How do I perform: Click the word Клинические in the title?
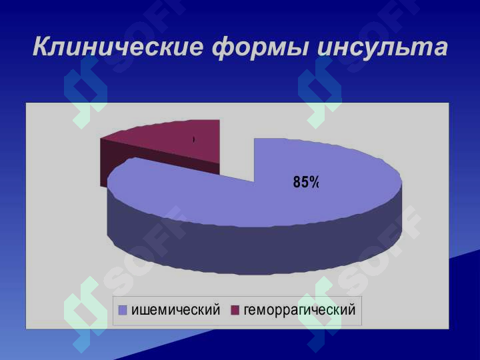(118, 47)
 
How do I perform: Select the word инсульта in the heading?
(383, 47)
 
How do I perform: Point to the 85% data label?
(306, 182)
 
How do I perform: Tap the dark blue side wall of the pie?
(254, 245)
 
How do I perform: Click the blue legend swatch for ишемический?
(123, 311)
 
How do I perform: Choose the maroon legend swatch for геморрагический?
(235, 311)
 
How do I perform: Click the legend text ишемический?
(176, 310)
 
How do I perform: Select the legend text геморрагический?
(300, 311)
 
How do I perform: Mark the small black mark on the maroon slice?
(194, 140)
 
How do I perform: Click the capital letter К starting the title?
(42, 47)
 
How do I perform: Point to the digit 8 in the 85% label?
(297, 182)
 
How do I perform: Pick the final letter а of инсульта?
(440, 49)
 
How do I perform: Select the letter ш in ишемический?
(144, 311)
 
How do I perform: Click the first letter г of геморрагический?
(247, 311)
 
